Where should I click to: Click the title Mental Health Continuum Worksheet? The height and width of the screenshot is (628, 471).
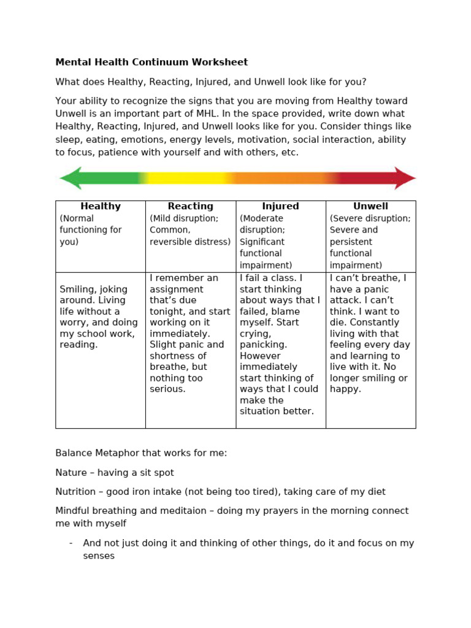point(151,62)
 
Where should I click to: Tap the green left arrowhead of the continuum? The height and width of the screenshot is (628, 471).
point(70,178)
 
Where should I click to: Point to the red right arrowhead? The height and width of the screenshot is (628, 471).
point(405,178)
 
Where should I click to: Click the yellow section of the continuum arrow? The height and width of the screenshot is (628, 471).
point(184,178)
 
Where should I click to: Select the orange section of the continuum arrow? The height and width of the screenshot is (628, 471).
point(276,178)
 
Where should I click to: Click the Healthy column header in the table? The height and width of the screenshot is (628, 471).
point(101,207)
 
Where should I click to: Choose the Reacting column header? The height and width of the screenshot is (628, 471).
point(191,207)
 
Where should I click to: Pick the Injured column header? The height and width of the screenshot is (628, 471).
point(280,207)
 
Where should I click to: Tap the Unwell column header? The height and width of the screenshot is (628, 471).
point(370,207)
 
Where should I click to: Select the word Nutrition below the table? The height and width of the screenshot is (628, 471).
point(75,492)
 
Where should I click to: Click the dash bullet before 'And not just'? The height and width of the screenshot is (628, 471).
point(71,543)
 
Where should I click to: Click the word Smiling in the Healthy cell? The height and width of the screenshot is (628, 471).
point(77,289)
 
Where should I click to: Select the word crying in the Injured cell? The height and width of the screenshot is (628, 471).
point(255,334)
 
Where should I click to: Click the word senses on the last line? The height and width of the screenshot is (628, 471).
point(99,556)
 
